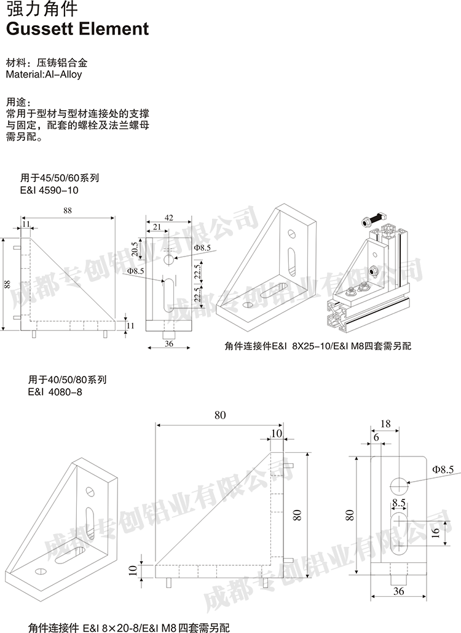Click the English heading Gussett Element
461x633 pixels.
tap(77, 30)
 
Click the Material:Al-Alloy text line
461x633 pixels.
tap(44, 74)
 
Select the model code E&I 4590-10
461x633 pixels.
tap(50, 191)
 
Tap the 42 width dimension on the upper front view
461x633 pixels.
tap(168, 218)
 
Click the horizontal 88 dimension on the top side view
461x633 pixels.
tap(68, 211)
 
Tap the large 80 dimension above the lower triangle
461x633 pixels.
tap(219, 416)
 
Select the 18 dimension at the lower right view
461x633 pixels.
tap(385, 424)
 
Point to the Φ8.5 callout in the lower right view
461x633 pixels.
tap(443, 470)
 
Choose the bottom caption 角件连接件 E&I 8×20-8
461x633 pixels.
tap(128, 627)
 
